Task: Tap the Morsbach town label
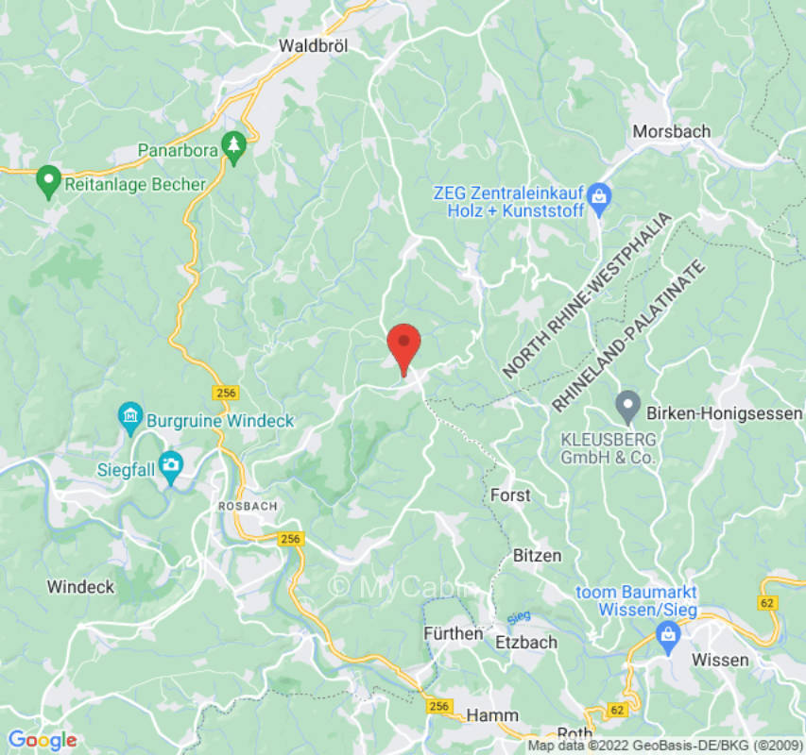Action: [x=671, y=131]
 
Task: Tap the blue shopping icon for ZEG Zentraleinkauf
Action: [x=597, y=196]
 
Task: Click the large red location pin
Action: [x=404, y=347]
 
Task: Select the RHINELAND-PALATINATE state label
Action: [x=629, y=335]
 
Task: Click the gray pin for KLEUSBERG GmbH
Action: [x=627, y=406]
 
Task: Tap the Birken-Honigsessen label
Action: [x=724, y=413]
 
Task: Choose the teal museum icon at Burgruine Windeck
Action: [x=129, y=414]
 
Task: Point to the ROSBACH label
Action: [x=248, y=506]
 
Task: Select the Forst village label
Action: [x=511, y=495]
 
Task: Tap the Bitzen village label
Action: [x=537, y=555]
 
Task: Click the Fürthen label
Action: [x=453, y=633]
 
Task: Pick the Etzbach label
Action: [x=526, y=642]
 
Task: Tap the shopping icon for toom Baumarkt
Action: [x=668, y=637]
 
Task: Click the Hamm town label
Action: [x=492, y=715]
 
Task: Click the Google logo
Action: [x=42, y=741]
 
